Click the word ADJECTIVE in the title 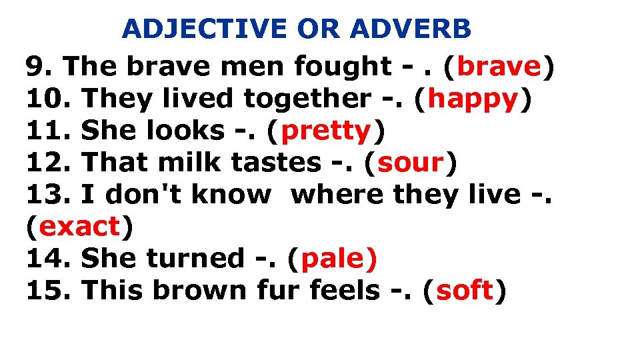[x=205, y=29]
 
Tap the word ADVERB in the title [x=411, y=29]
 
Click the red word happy [x=473, y=99]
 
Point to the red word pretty [x=326, y=131]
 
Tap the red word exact [x=79, y=227]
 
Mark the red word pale [x=339, y=259]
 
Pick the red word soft [x=465, y=291]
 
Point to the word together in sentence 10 [x=307, y=99]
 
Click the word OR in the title [x=317, y=29]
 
